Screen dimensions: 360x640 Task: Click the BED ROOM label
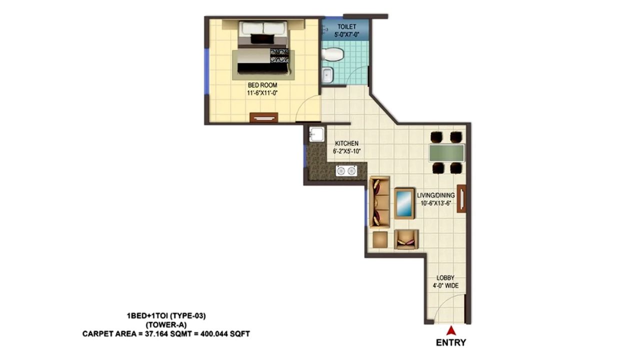tap(262, 85)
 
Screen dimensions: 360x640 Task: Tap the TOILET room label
tap(346, 26)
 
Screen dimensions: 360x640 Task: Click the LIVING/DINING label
tap(435, 195)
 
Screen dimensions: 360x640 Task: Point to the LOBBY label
tap(445, 278)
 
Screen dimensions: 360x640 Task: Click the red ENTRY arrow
tap(450, 330)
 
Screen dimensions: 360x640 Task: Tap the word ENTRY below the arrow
tap(450, 342)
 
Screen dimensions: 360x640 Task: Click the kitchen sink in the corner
tap(316, 134)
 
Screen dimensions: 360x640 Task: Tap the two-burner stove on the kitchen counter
tap(345, 171)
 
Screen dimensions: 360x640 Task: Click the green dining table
tap(446, 152)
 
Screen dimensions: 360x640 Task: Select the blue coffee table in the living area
tap(404, 203)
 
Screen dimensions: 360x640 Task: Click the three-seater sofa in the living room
tap(379, 203)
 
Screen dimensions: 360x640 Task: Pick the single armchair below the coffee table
tap(406, 239)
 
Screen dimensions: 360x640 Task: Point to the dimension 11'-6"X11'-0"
tap(262, 93)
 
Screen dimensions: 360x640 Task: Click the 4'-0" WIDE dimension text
tap(445, 285)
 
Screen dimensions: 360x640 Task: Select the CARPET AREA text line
tap(166, 333)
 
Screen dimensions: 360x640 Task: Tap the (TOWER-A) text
tap(166, 324)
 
